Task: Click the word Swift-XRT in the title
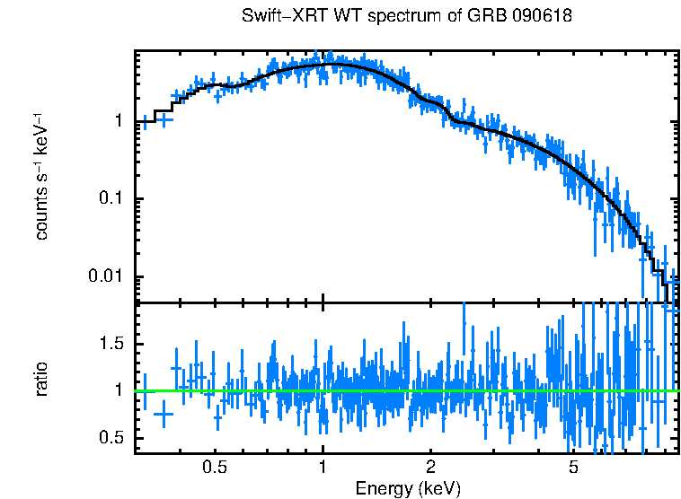point(278,16)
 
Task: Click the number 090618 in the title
point(541,16)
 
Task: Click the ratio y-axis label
point(41,380)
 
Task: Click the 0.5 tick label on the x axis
point(214,468)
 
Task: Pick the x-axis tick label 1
point(323,468)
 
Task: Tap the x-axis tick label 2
point(430,468)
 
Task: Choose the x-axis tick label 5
point(573,468)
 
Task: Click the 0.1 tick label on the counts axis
point(110,198)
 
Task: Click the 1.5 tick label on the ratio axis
point(110,344)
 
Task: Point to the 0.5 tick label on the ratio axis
point(110,438)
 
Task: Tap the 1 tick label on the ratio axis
point(119,390)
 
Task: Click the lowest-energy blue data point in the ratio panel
point(144,391)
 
